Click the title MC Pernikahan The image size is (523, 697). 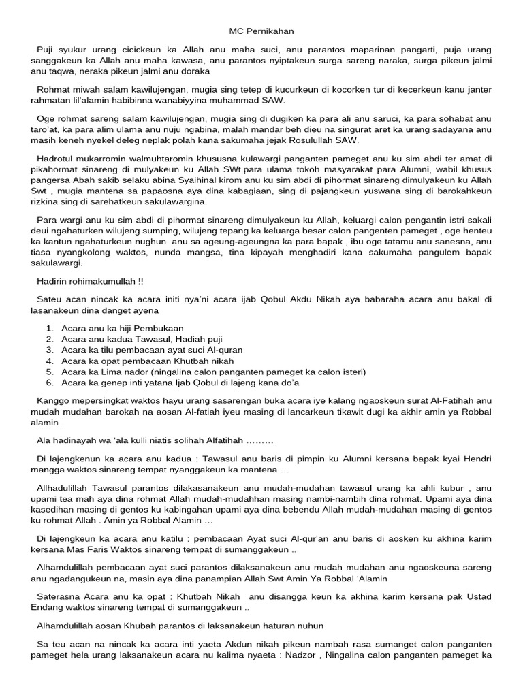point(261,31)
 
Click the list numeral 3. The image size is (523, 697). point(50,350)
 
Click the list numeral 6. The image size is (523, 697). point(50,383)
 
